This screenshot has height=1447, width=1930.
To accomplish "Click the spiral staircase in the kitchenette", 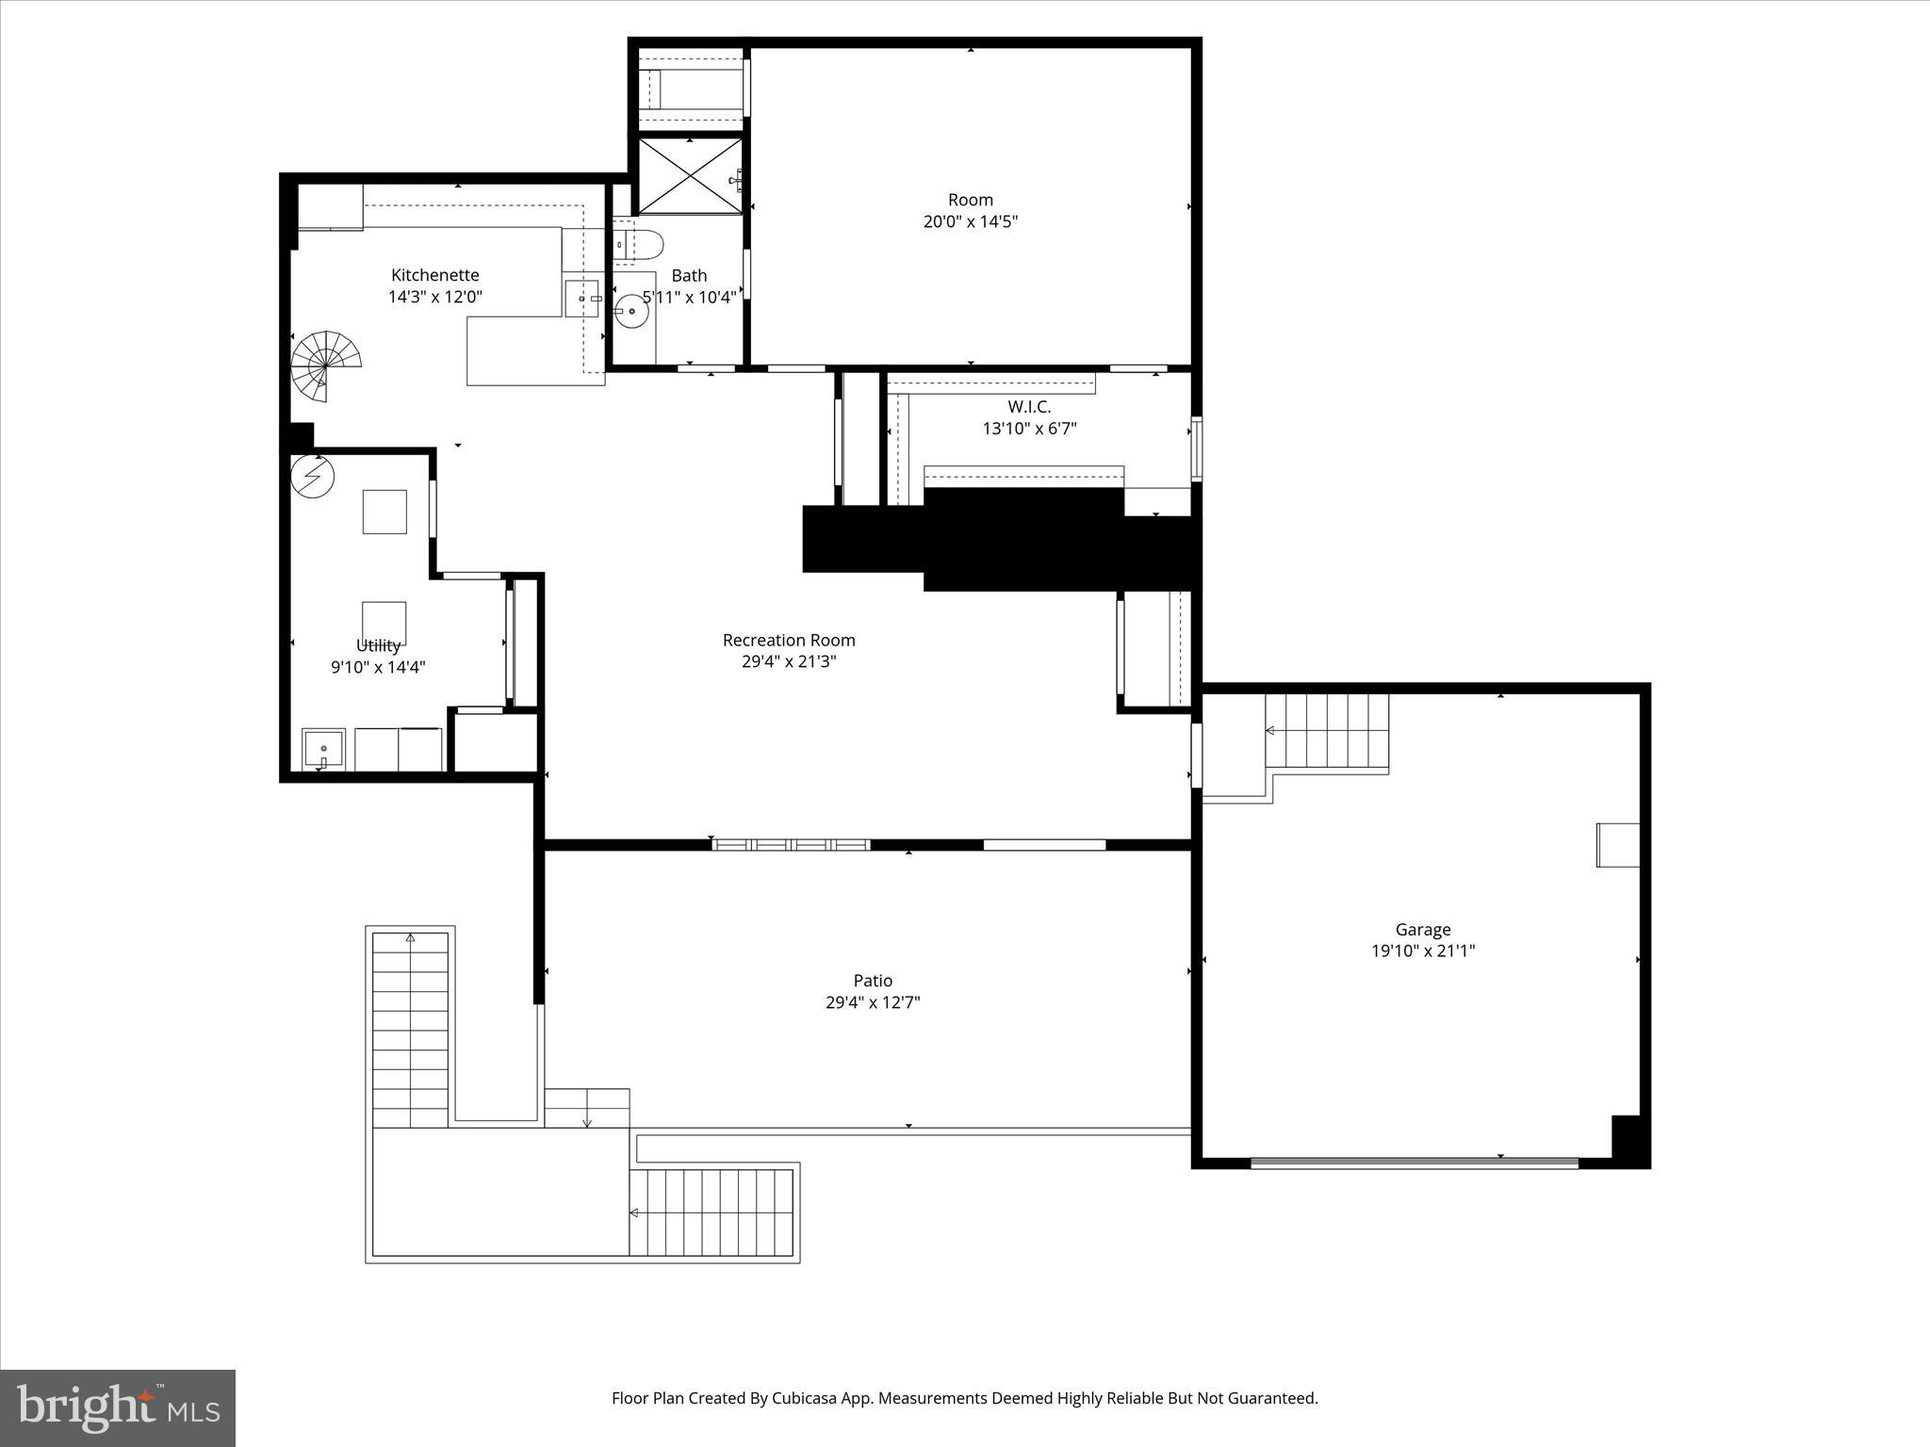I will [x=325, y=364].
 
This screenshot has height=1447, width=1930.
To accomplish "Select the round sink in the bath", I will [x=630, y=313].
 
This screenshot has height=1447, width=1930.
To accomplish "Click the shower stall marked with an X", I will [x=689, y=176].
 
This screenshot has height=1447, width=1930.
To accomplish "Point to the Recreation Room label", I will [x=789, y=641].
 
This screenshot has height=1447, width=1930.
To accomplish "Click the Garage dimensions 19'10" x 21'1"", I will [x=1422, y=951].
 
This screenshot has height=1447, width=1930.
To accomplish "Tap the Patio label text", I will [x=873, y=981].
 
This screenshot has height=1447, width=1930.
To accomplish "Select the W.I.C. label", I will [x=1029, y=407].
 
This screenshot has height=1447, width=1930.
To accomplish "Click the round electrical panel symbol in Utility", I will [x=312, y=476].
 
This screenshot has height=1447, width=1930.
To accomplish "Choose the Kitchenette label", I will [x=434, y=275].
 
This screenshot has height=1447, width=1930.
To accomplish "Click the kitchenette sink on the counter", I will [x=582, y=299].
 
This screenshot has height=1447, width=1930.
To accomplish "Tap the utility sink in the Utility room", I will [x=323, y=750].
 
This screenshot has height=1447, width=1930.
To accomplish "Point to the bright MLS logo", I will [x=118, y=1408].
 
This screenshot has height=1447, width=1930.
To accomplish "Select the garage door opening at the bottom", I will [x=1414, y=1162].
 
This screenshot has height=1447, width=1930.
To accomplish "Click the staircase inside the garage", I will [x=1327, y=732].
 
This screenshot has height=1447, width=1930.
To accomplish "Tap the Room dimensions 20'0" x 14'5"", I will [x=970, y=222].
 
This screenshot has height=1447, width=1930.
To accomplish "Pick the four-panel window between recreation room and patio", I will [x=791, y=845].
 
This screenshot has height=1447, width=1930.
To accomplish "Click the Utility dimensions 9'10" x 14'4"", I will [x=378, y=668].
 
